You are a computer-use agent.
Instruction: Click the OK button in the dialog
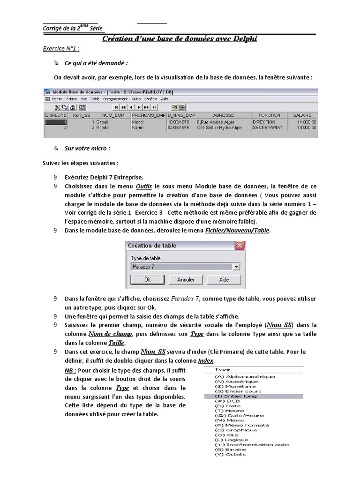(147, 279)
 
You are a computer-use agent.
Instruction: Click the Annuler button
(186, 279)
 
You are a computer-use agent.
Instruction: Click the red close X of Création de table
(240, 245)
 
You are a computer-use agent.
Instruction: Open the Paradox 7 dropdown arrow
(236, 266)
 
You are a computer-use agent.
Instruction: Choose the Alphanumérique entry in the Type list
(244, 376)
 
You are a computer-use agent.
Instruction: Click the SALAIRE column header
(302, 115)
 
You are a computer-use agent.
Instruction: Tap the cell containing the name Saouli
(102, 121)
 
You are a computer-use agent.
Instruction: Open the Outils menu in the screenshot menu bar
(136, 99)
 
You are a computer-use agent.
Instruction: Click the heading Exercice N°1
(61, 48)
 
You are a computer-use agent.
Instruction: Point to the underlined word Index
(205, 360)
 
